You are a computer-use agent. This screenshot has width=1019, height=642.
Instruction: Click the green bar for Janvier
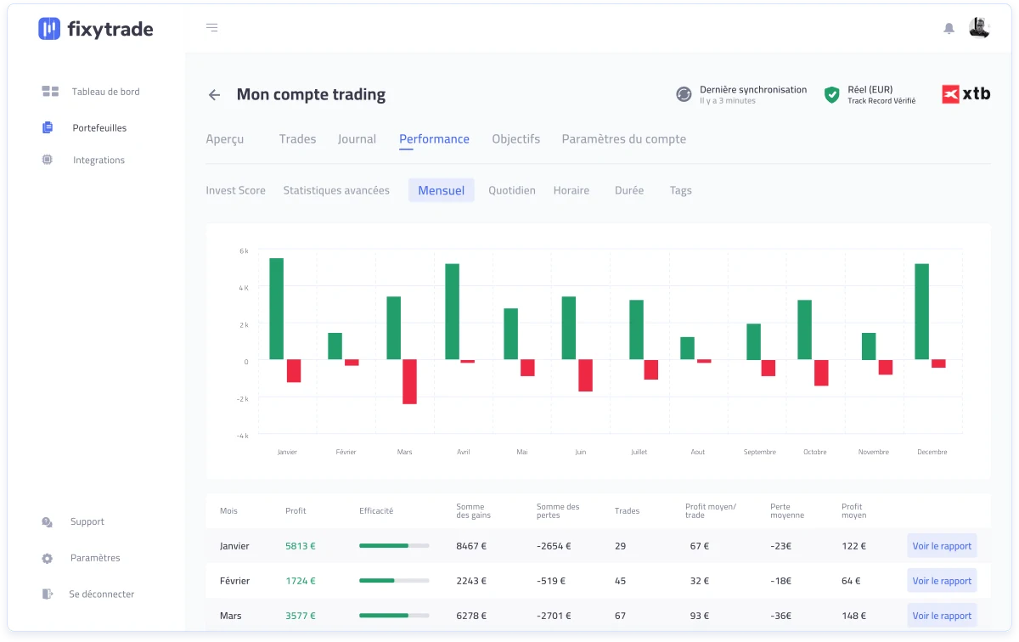(x=276, y=309)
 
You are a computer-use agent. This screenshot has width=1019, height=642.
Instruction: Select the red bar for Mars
(x=409, y=382)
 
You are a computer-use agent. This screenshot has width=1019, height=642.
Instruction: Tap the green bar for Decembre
(x=921, y=312)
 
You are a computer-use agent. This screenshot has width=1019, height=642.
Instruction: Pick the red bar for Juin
(x=585, y=375)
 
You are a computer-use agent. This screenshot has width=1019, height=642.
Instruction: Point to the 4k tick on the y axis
(x=244, y=288)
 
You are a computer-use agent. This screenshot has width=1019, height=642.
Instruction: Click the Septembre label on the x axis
(x=760, y=452)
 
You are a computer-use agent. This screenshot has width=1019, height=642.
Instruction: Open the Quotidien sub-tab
(x=512, y=190)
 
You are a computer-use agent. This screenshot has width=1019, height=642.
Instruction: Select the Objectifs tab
(x=516, y=138)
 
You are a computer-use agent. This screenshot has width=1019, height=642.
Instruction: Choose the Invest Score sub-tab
(x=236, y=190)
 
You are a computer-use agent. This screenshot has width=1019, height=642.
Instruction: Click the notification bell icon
(x=949, y=29)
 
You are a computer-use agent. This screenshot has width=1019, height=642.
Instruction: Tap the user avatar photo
(x=979, y=28)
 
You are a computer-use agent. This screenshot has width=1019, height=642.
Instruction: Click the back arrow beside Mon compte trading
(x=214, y=94)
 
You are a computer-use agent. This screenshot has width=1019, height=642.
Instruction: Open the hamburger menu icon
(x=212, y=28)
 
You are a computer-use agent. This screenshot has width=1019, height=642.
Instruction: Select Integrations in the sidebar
(x=99, y=160)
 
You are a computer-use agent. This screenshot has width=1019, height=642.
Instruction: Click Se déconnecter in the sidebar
(x=101, y=594)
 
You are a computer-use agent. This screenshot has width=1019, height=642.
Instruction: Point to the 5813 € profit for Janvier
(x=301, y=545)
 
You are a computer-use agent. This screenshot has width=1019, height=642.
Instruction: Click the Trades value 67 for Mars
(x=620, y=616)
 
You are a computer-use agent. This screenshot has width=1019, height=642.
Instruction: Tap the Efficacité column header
(x=376, y=510)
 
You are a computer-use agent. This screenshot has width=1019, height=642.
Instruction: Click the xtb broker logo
(x=966, y=94)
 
